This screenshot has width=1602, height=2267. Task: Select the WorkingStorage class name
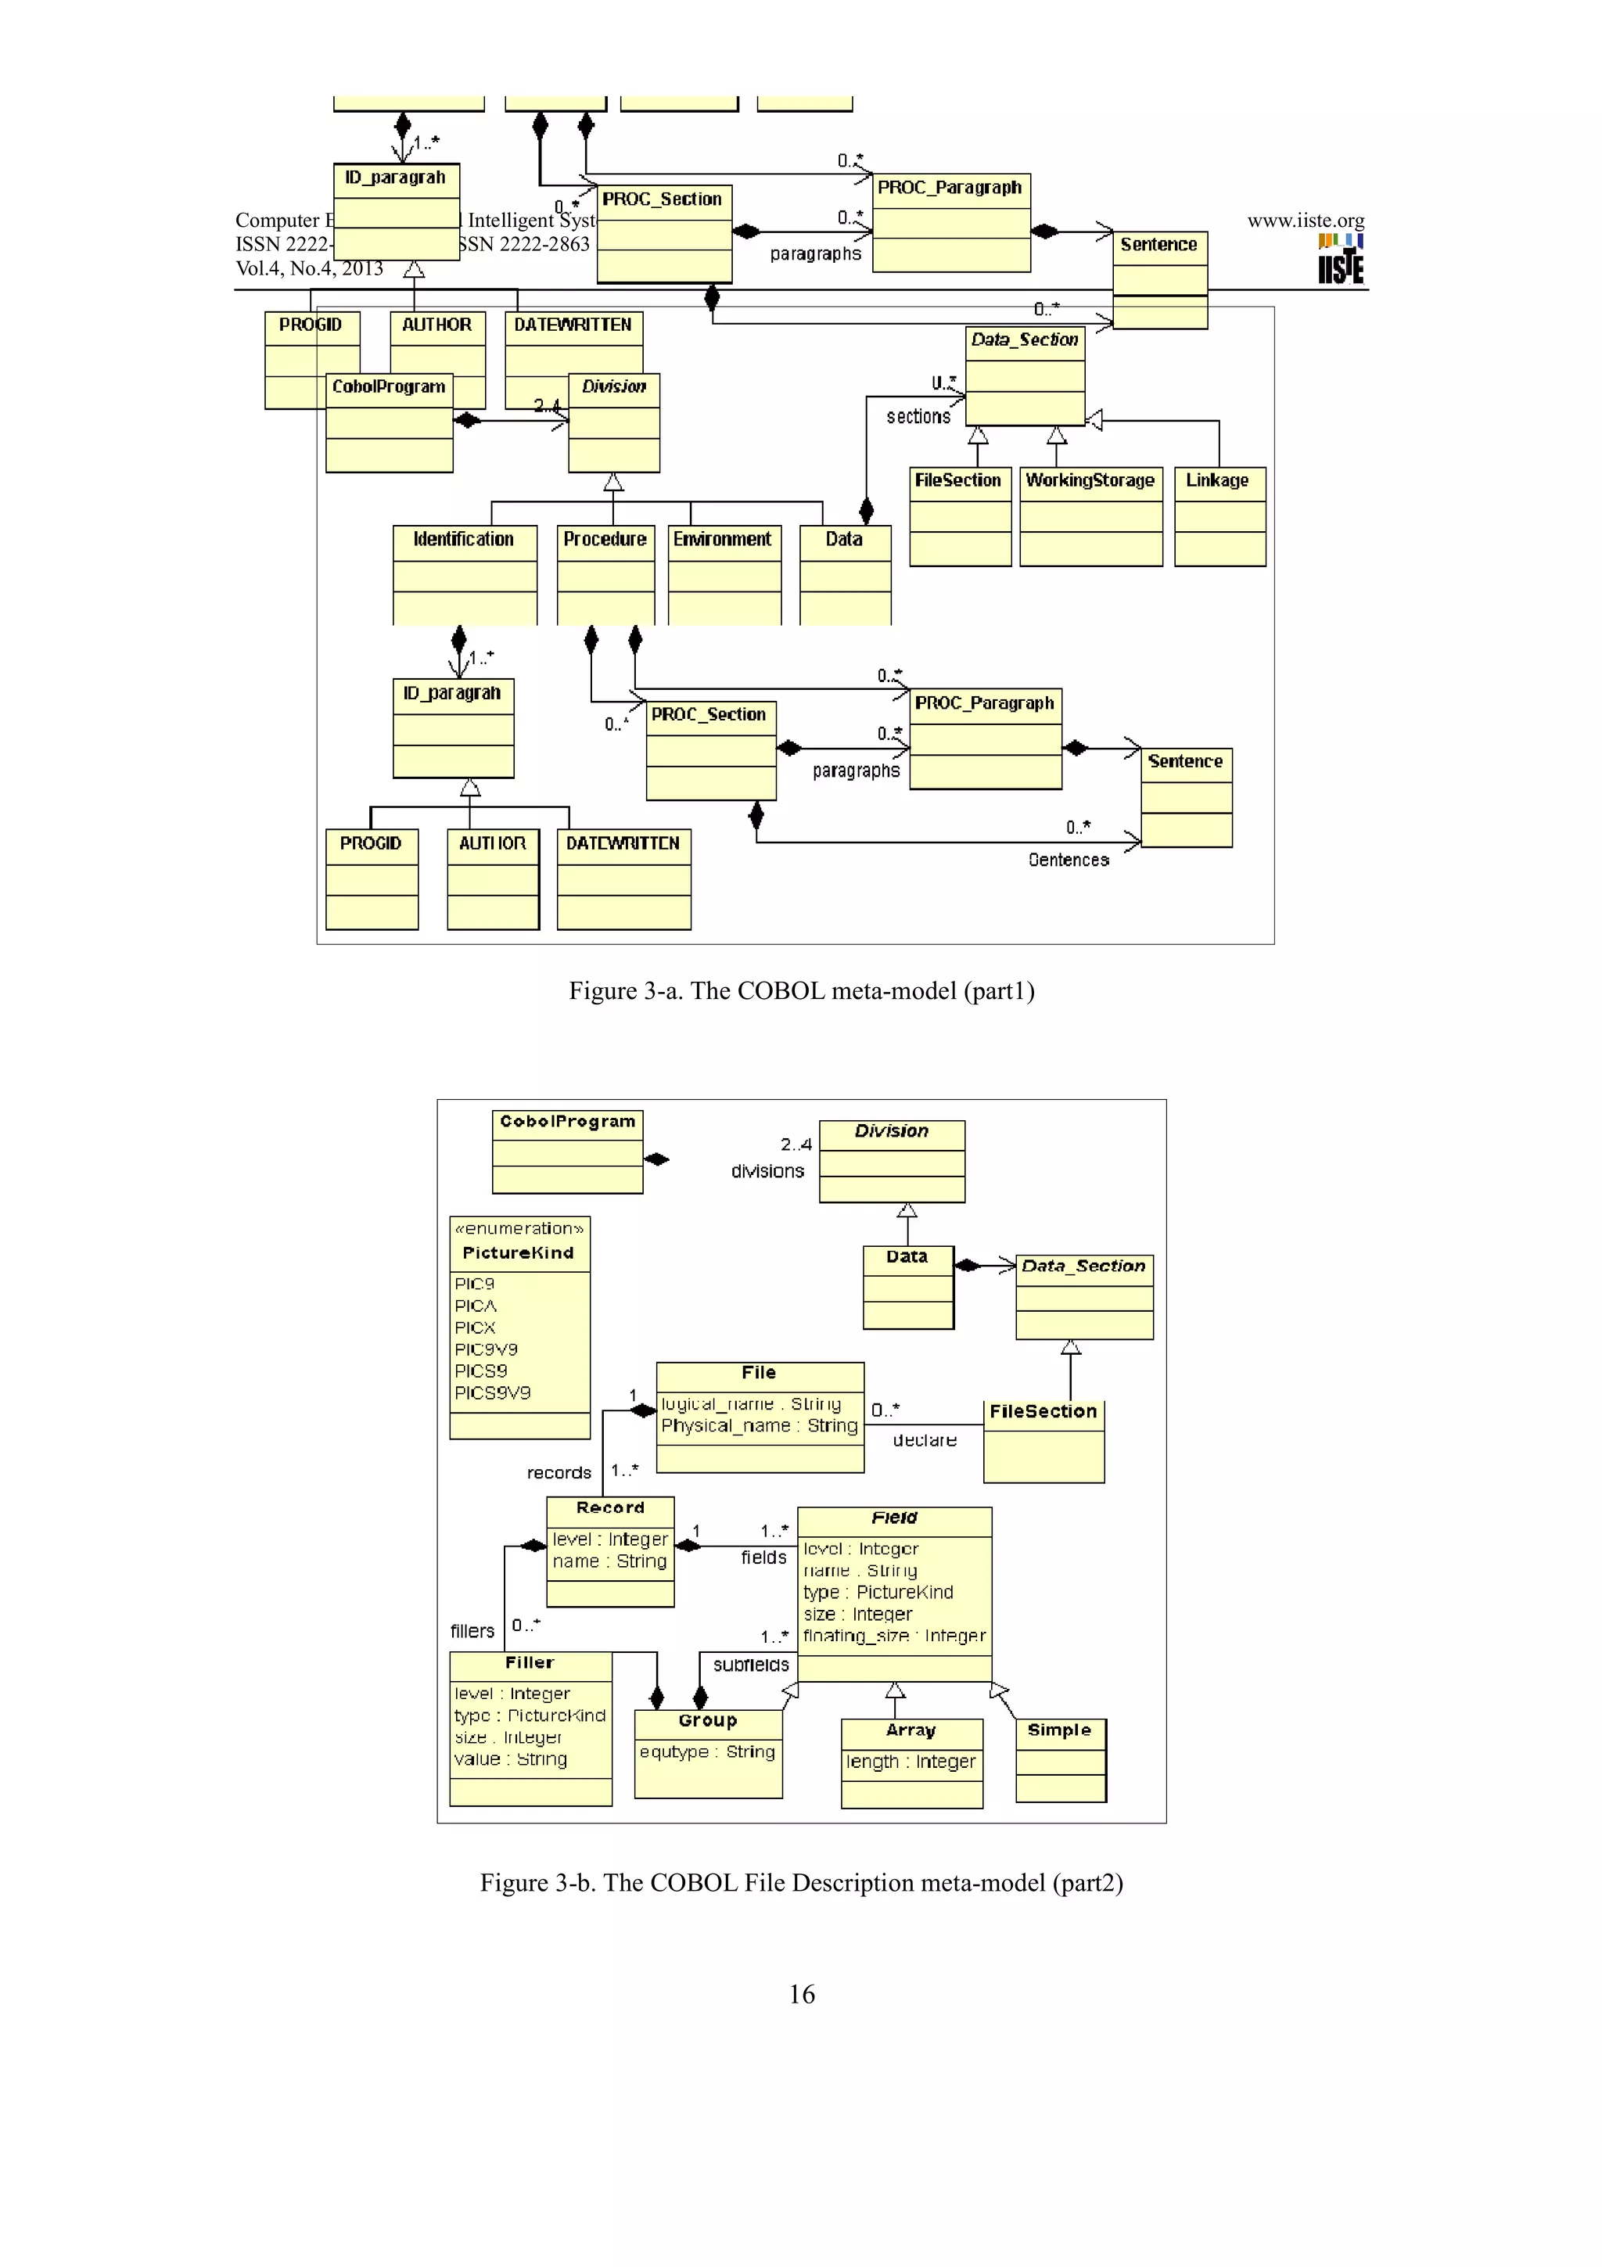pyautogui.click(x=1090, y=481)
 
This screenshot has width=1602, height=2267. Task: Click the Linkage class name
pyautogui.click(x=1217, y=481)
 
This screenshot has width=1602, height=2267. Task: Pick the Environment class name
pyautogui.click(x=723, y=539)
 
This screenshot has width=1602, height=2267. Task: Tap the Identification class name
pyautogui.click(x=463, y=539)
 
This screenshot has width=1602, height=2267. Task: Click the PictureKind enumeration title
pyautogui.click(x=518, y=1253)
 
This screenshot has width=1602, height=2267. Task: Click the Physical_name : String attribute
pyautogui.click(x=759, y=1426)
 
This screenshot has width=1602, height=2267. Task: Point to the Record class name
pyautogui.click(x=610, y=1507)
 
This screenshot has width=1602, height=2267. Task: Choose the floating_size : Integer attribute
pyautogui.click(x=893, y=1636)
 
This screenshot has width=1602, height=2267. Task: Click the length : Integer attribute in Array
pyautogui.click(x=910, y=1762)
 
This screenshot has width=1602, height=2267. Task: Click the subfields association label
pyautogui.click(x=751, y=1665)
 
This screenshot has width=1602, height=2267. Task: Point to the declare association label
pyautogui.click(x=925, y=1441)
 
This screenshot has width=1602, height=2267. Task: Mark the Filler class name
pyautogui.click(x=530, y=1663)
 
